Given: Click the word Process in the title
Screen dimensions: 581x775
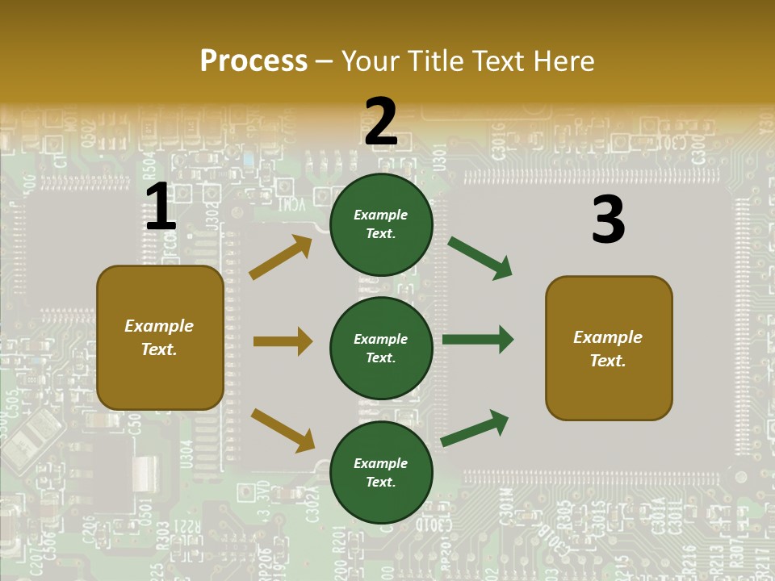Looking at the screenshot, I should click(x=253, y=61).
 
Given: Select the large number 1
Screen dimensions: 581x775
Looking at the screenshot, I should click(x=161, y=207).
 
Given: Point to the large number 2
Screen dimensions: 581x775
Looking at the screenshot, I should click(x=381, y=122).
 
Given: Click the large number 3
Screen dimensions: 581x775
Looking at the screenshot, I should click(x=608, y=220).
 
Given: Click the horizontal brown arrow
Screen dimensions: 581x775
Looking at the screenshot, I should click(x=283, y=341).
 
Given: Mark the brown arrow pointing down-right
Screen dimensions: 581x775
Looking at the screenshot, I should click(x=283, y=429).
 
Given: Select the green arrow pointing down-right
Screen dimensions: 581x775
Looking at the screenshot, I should click(x=480, y=258).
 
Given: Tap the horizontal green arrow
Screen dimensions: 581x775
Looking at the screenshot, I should click(x=478, y=340).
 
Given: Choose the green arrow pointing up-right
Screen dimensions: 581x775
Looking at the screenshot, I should click(x=475, y=428).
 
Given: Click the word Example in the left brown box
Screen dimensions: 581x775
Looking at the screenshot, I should click(x=159, y=326).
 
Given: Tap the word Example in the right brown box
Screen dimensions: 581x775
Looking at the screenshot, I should click(x=608, y=337).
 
